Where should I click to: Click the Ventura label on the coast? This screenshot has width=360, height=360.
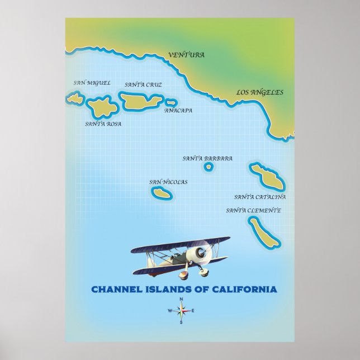click(186, 55)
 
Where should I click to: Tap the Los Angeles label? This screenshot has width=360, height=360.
click(259, 92)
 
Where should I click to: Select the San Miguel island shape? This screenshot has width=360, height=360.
click(75, 99)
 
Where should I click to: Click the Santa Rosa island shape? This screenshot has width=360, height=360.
click(103, 106)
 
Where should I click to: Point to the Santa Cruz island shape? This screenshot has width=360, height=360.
click(140, 101)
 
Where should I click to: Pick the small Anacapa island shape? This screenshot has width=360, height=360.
click(171, 103)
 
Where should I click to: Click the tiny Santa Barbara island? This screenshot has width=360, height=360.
click(209, 167)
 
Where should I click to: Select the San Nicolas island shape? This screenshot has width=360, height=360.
click(162, 193)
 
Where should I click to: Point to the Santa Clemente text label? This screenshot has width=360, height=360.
click(253, 210)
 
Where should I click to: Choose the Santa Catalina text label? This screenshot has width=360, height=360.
click(260, 197)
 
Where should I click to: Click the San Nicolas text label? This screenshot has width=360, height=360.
click(168, 182)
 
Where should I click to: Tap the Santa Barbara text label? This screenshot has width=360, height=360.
click(207, 158)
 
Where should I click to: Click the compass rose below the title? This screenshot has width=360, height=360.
click(181, 311)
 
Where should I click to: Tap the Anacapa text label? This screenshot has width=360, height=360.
click(178, 111)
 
